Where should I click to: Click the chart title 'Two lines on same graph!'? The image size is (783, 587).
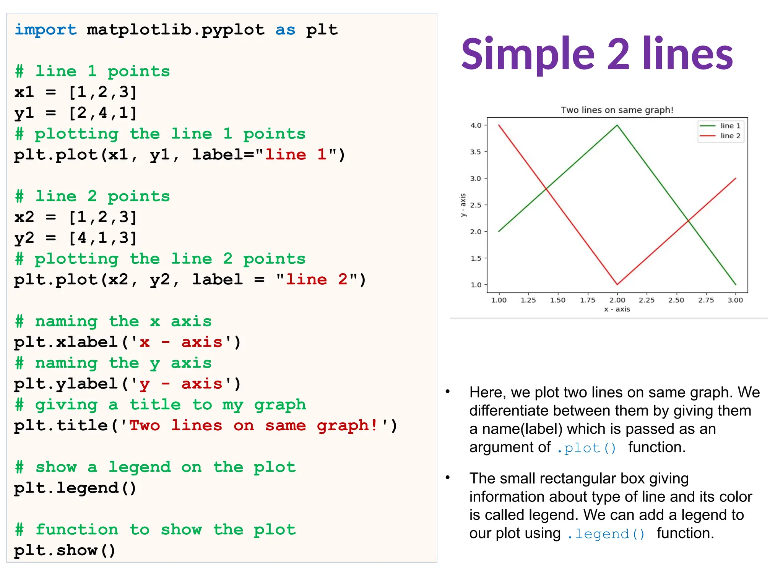point(617,110)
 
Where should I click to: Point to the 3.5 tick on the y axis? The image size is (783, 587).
point(476,152)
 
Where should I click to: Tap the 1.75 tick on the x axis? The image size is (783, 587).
point(587,300)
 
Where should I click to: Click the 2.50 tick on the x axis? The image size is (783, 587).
point(676,300)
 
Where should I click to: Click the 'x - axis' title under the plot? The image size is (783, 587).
point(617,309)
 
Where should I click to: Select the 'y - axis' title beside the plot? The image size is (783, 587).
point(463,205)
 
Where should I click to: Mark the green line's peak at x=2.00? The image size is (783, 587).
point(617,125)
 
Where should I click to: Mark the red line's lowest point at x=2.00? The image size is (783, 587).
point(617,284)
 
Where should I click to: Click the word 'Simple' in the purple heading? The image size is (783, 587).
point(528,54)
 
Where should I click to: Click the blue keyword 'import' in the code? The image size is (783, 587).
point(45,30)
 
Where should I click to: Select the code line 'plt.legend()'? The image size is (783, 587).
point(75,488)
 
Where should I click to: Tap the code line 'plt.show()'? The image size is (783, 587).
point(65,550)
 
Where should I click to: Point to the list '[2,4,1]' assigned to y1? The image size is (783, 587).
point(102,113)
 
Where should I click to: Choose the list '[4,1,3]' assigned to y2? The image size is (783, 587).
point(102,238)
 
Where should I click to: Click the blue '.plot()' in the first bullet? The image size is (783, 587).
point(586,448)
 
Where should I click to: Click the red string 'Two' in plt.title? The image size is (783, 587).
point(145,425)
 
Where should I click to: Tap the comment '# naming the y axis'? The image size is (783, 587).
point(113,363)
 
